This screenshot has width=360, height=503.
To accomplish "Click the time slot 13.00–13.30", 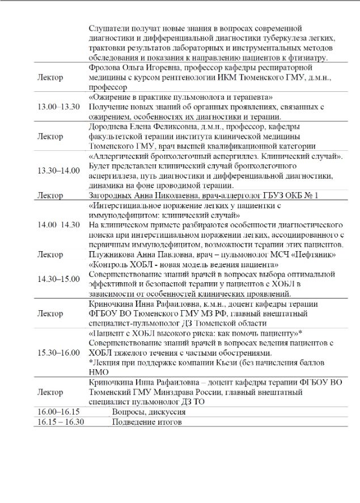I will coord(58,107).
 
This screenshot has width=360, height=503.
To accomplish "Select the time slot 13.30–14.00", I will coord(58,171).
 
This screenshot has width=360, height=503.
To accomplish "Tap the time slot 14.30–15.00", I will coord(58,278).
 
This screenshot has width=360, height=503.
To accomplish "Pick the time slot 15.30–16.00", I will coord(58,352).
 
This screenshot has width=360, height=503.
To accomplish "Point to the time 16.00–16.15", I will coord(58,412).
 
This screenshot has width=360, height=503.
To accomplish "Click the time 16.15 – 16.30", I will coord(61,422).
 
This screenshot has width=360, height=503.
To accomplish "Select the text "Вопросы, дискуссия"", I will coord(147,412).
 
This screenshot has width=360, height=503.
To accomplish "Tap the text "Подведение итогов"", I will coord(146,422).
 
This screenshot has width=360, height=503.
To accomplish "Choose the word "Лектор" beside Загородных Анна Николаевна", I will coord(50,195).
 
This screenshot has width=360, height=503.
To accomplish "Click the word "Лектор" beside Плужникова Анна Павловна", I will coord(50,255).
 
